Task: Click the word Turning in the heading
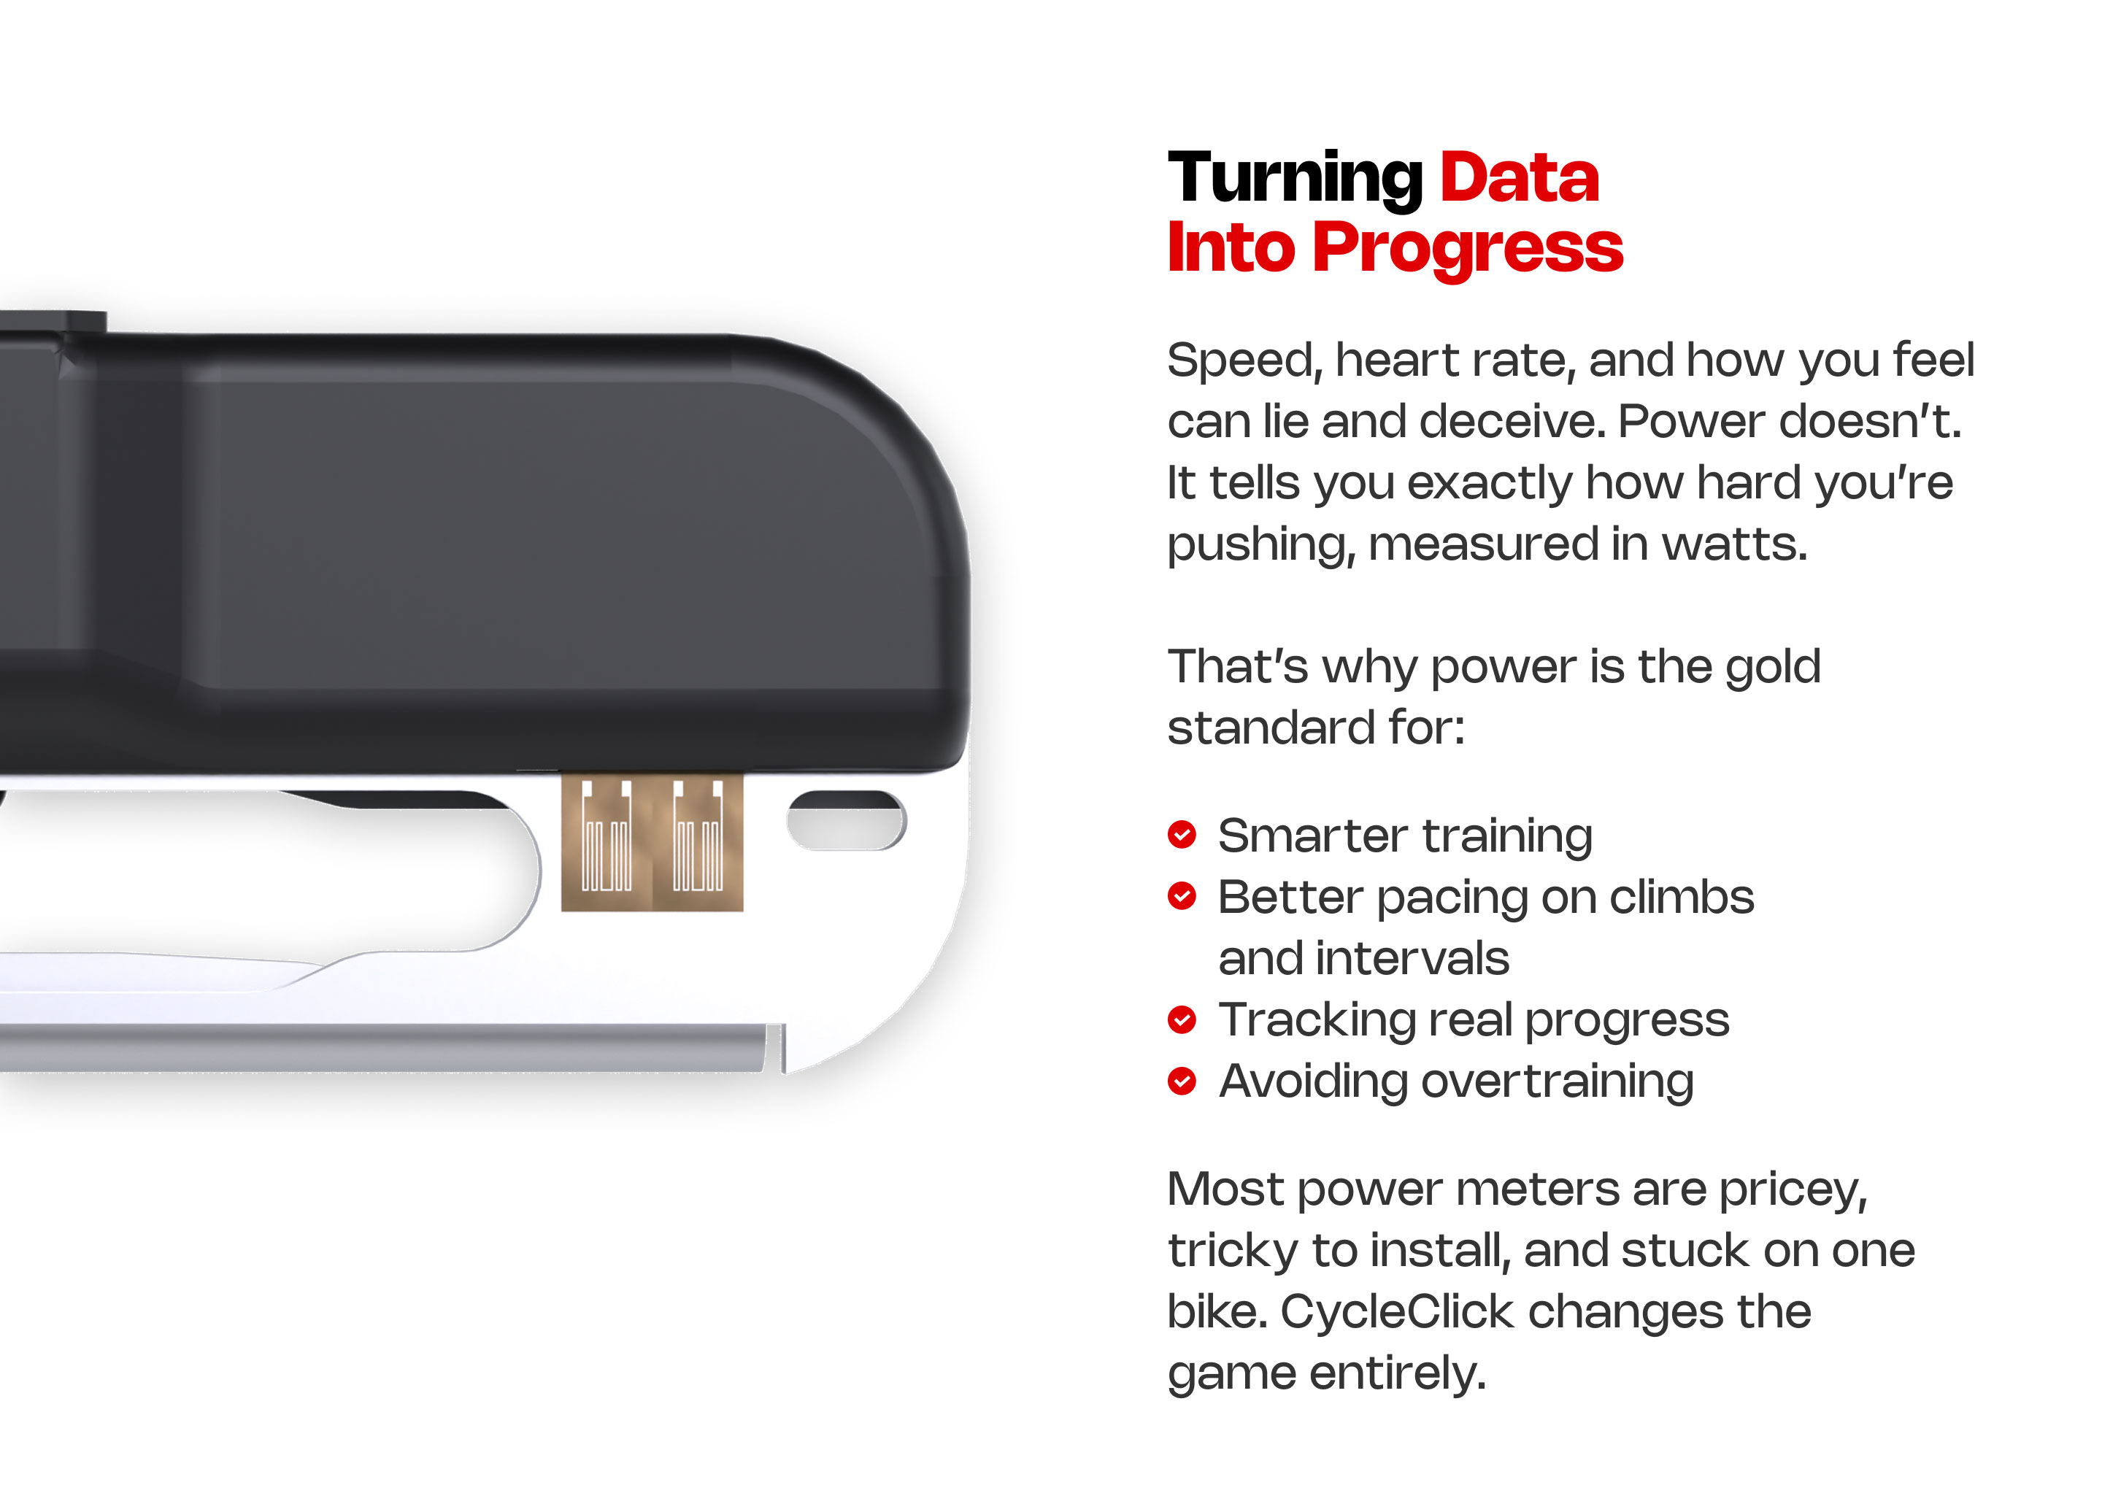1295,179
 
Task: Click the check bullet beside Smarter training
1182,835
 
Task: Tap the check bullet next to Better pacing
1182,896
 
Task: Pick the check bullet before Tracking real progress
1182,1019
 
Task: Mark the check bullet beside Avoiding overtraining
1182,1080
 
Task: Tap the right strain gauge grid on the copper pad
698,836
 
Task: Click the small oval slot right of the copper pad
846,820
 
